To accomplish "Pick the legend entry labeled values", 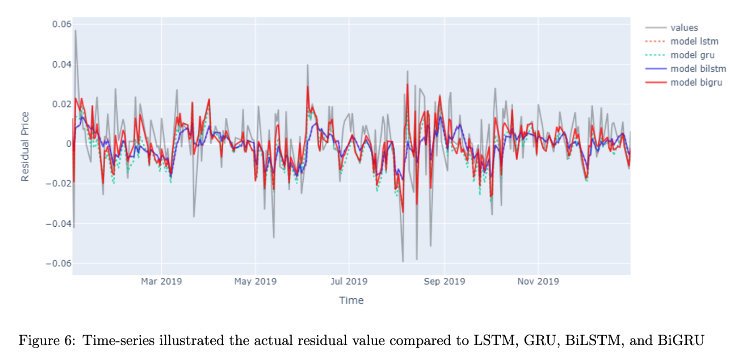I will click(x=684, y=28).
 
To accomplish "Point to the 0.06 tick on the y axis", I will click(x=62, y=24).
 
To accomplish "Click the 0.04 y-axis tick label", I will click(x=62, y=64).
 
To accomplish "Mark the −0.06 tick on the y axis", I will click(x=58, y=263).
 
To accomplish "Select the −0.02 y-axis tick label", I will click(x=58, y=184).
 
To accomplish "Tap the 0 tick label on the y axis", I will click(x=69, y=144).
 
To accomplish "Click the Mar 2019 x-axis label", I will click(x=161, y=281).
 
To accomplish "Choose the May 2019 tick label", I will click(x=255, y=281).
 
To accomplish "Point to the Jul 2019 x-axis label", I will click(x=349, y=281).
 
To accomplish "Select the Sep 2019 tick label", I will click(x=444, y=281).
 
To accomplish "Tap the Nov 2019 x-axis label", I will click(x=538, y=281).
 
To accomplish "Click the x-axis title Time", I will click(x=351, y=300).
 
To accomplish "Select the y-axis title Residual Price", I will click(x=25, y=146).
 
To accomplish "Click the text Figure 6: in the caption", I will click(x=47, y=340).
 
